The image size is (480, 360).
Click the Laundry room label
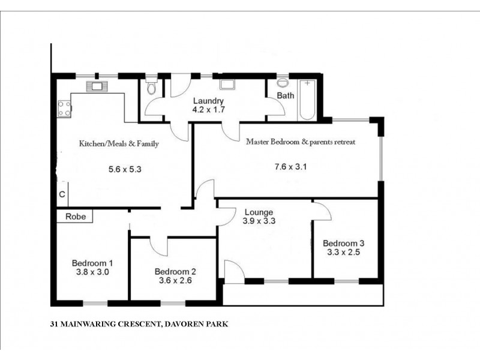point(208,101)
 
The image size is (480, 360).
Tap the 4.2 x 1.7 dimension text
point(208,110)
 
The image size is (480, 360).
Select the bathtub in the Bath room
point(308,98)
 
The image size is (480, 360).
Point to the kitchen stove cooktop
point(64,109)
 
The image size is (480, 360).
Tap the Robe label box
point(75,216)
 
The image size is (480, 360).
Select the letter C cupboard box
point(62,194)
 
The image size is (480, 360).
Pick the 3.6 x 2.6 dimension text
point(175,280)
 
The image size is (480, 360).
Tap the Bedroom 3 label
point(343,243)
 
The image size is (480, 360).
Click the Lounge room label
point(259,212)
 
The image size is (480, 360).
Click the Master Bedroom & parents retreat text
point(301,142)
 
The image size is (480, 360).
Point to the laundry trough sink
point(229,85)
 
